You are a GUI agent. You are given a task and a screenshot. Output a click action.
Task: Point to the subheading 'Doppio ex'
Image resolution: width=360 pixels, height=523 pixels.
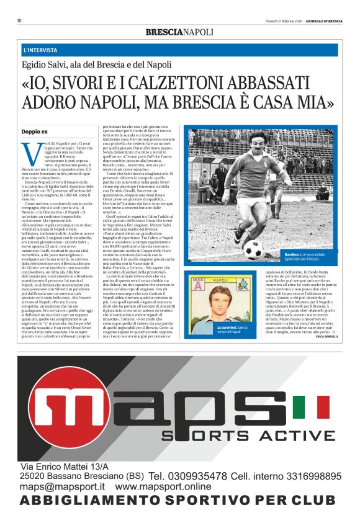[34, 132]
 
